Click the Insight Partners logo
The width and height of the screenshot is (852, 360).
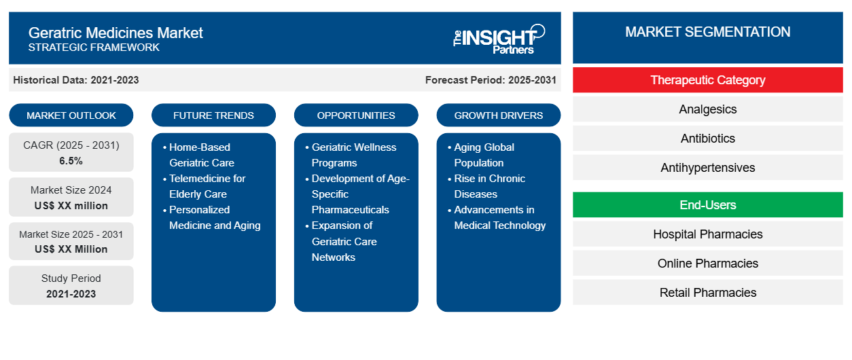tap(499, 38)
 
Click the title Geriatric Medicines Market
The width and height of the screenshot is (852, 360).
tap(116, 32)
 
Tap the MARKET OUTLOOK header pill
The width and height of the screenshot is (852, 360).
tap(71, 115)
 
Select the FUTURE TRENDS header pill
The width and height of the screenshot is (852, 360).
tap(213, 115)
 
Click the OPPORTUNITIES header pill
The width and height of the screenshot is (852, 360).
tap(356, 115)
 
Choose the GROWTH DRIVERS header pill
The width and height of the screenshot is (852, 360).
tap(499, 115)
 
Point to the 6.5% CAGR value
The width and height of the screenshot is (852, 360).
tap(71, 161)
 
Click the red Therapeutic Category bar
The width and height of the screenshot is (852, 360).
tap(707, 80)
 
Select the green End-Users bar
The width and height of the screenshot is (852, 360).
tap(707, 205)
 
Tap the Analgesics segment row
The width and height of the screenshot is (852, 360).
tap(707, 109)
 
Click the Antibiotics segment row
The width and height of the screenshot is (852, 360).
tap(707, 139)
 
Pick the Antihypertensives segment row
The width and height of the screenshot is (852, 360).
tap(707, 168)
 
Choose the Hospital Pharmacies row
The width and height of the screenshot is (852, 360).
tap(707, 234)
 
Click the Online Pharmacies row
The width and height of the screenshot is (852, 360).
tap(707, 264)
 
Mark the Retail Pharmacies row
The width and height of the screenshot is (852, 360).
tap(707, 293)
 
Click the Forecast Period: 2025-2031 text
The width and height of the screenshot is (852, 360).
tap(491, 80)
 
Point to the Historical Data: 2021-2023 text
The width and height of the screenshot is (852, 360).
tap(76, 80)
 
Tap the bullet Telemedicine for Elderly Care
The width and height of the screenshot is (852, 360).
tap(207, 186)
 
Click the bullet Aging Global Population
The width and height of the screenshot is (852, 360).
tap(484, 155)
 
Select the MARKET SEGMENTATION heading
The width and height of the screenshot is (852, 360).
tap(707, 32)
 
